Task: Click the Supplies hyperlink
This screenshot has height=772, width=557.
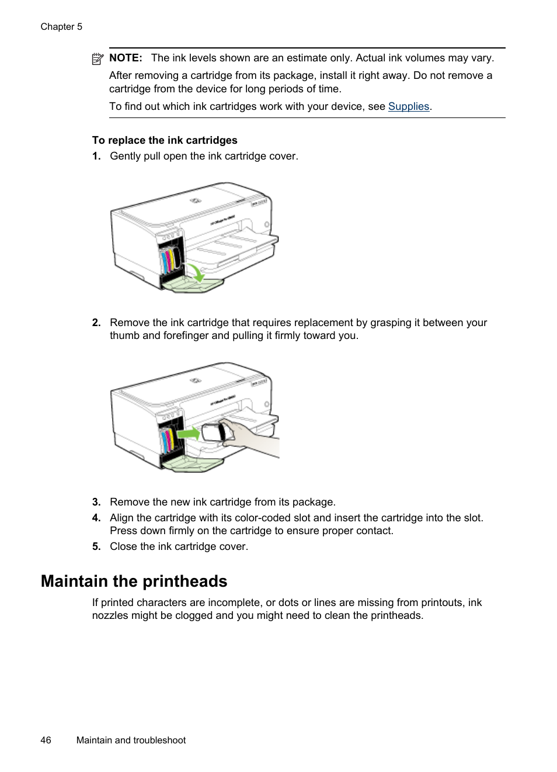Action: (x=409, y=106)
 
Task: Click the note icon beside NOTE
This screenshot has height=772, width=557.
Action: (x=98, y=58)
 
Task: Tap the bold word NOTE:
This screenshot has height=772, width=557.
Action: (x=126, y=58)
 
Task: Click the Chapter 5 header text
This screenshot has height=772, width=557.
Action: (x=61, y=27)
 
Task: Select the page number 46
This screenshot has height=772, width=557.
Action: (x=46, y=740)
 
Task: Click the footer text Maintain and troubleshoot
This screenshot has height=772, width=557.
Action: (x=131, y=740)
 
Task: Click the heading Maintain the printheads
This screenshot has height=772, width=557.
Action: (x=134, y=581)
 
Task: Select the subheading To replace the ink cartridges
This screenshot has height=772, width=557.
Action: (x=165, y=140)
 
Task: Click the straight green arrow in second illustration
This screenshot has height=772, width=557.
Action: (x=188, y=433)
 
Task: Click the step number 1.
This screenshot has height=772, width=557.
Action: (x=96, y=156)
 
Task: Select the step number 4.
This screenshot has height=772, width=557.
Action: (x=96, y=518)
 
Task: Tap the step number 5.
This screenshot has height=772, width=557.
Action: (x=96, y=546)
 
